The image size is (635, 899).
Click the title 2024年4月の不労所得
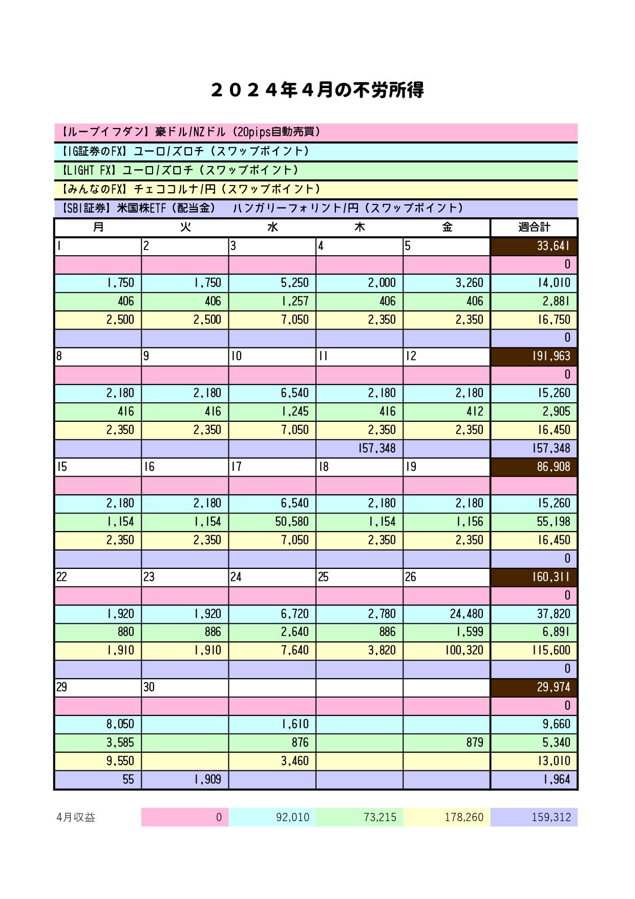coord(317,91)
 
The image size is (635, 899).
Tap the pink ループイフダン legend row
coord(315,132)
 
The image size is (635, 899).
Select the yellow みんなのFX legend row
coord(315,189)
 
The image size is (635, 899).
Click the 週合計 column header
coord(534,227)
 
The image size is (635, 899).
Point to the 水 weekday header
coord(272,227)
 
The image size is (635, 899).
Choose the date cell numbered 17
coord(272,467)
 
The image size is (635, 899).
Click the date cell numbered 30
coord(185,687)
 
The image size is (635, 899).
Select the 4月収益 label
coord(76,818)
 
